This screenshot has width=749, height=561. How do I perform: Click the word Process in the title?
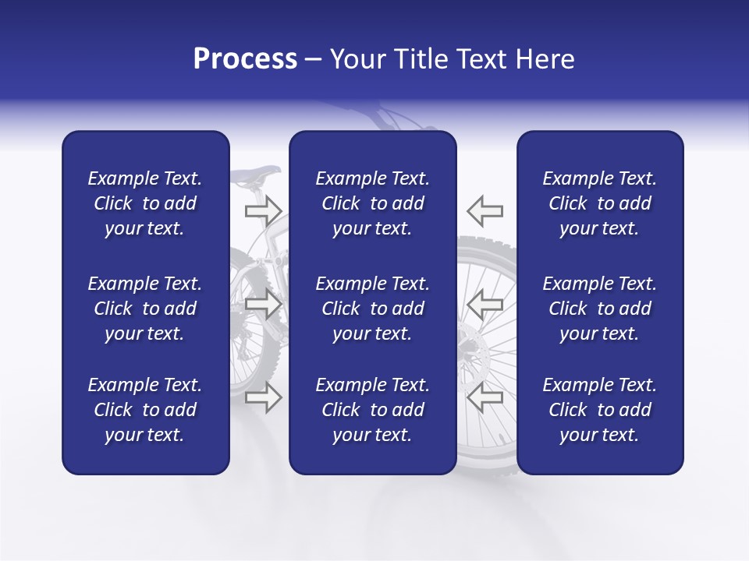pos(245,59)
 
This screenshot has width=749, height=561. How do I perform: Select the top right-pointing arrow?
pos(263,210)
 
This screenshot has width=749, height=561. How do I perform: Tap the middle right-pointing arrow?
pos(263,305)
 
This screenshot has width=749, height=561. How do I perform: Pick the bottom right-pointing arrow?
pos(263,397)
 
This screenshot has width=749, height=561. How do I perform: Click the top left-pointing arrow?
pos(485,210)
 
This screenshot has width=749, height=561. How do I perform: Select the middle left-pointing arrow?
pos(485,305)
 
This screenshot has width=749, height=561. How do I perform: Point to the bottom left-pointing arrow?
pos(485,397)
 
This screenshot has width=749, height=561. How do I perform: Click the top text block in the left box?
pos(145,203)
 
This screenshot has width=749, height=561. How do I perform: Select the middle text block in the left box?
pos(145,309)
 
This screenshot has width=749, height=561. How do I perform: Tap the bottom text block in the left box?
pos(145,410)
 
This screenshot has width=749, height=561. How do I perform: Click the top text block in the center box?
pos(373,203)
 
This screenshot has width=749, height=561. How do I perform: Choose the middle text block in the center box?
pos(373,309)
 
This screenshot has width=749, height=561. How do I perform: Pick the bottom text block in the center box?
pos(373,410)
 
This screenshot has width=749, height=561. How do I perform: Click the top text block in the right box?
pos(600,203)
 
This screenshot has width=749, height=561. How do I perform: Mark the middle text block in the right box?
pos(600,309)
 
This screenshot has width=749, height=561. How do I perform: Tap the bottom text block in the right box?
pos(600,410)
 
